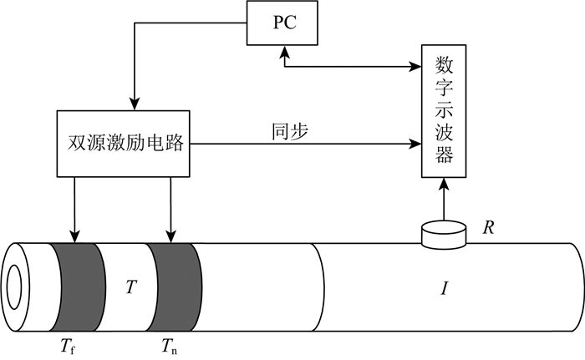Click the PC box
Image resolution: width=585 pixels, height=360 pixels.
(x=284, y=23)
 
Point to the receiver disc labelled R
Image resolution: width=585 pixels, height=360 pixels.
(x=444, y=234)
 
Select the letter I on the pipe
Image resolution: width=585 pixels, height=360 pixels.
(x=445, y=289)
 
